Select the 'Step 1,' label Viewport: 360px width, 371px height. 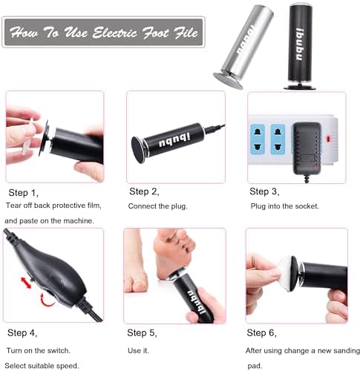(22, 191)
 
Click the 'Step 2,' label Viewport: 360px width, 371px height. (143, 191)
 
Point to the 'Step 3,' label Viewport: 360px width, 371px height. (264, 191)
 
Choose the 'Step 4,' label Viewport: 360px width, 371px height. (22, 332)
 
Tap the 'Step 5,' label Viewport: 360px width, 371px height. (143, 332)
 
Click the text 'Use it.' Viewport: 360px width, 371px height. (139, 349)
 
